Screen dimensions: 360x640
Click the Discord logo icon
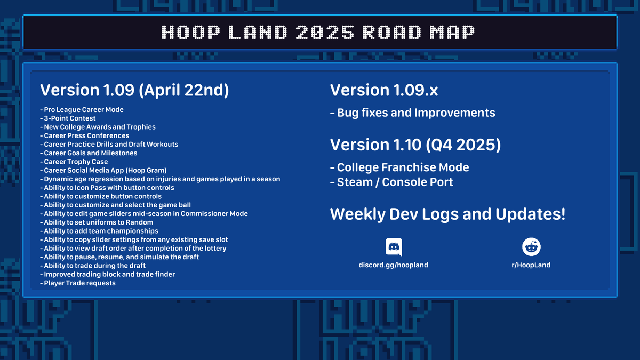394,248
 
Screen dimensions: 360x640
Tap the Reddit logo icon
531,247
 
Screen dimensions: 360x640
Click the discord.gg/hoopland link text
393,265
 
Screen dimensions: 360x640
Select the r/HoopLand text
531,265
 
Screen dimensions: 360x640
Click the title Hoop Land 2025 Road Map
318,33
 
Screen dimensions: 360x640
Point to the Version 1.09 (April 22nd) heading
134,91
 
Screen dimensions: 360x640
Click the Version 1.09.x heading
384,91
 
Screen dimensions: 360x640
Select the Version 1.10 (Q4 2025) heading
415,145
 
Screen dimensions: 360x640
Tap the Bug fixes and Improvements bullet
413,113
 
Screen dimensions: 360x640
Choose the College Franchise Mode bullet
399,167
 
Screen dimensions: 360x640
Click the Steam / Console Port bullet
391,182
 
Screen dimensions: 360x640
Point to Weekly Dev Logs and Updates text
447,215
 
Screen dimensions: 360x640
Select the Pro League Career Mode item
82,110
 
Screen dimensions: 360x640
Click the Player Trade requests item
78,283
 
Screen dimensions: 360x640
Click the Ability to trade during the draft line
93,266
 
